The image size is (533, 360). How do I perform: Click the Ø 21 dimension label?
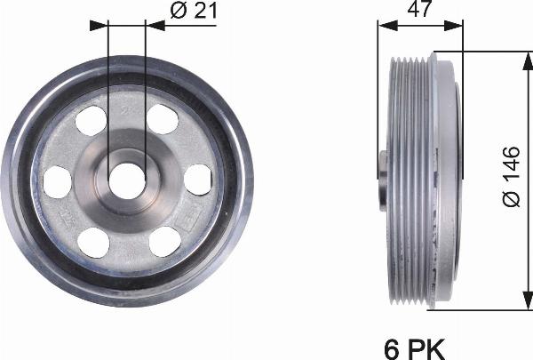click(x=191, y=12)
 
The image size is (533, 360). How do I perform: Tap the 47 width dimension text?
click(x=420, y=12)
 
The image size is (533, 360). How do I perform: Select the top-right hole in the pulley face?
click(x=161, y=118)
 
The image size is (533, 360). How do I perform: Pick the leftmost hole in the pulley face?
click(x=57, y=180)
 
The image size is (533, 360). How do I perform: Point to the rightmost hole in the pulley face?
click(x=196, y=180)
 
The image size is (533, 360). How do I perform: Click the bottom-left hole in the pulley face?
click(x=91, y=240)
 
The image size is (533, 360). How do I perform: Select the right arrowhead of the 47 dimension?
click(x=458, y=26)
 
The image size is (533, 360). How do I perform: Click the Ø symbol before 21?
click(x=175, y=12)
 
